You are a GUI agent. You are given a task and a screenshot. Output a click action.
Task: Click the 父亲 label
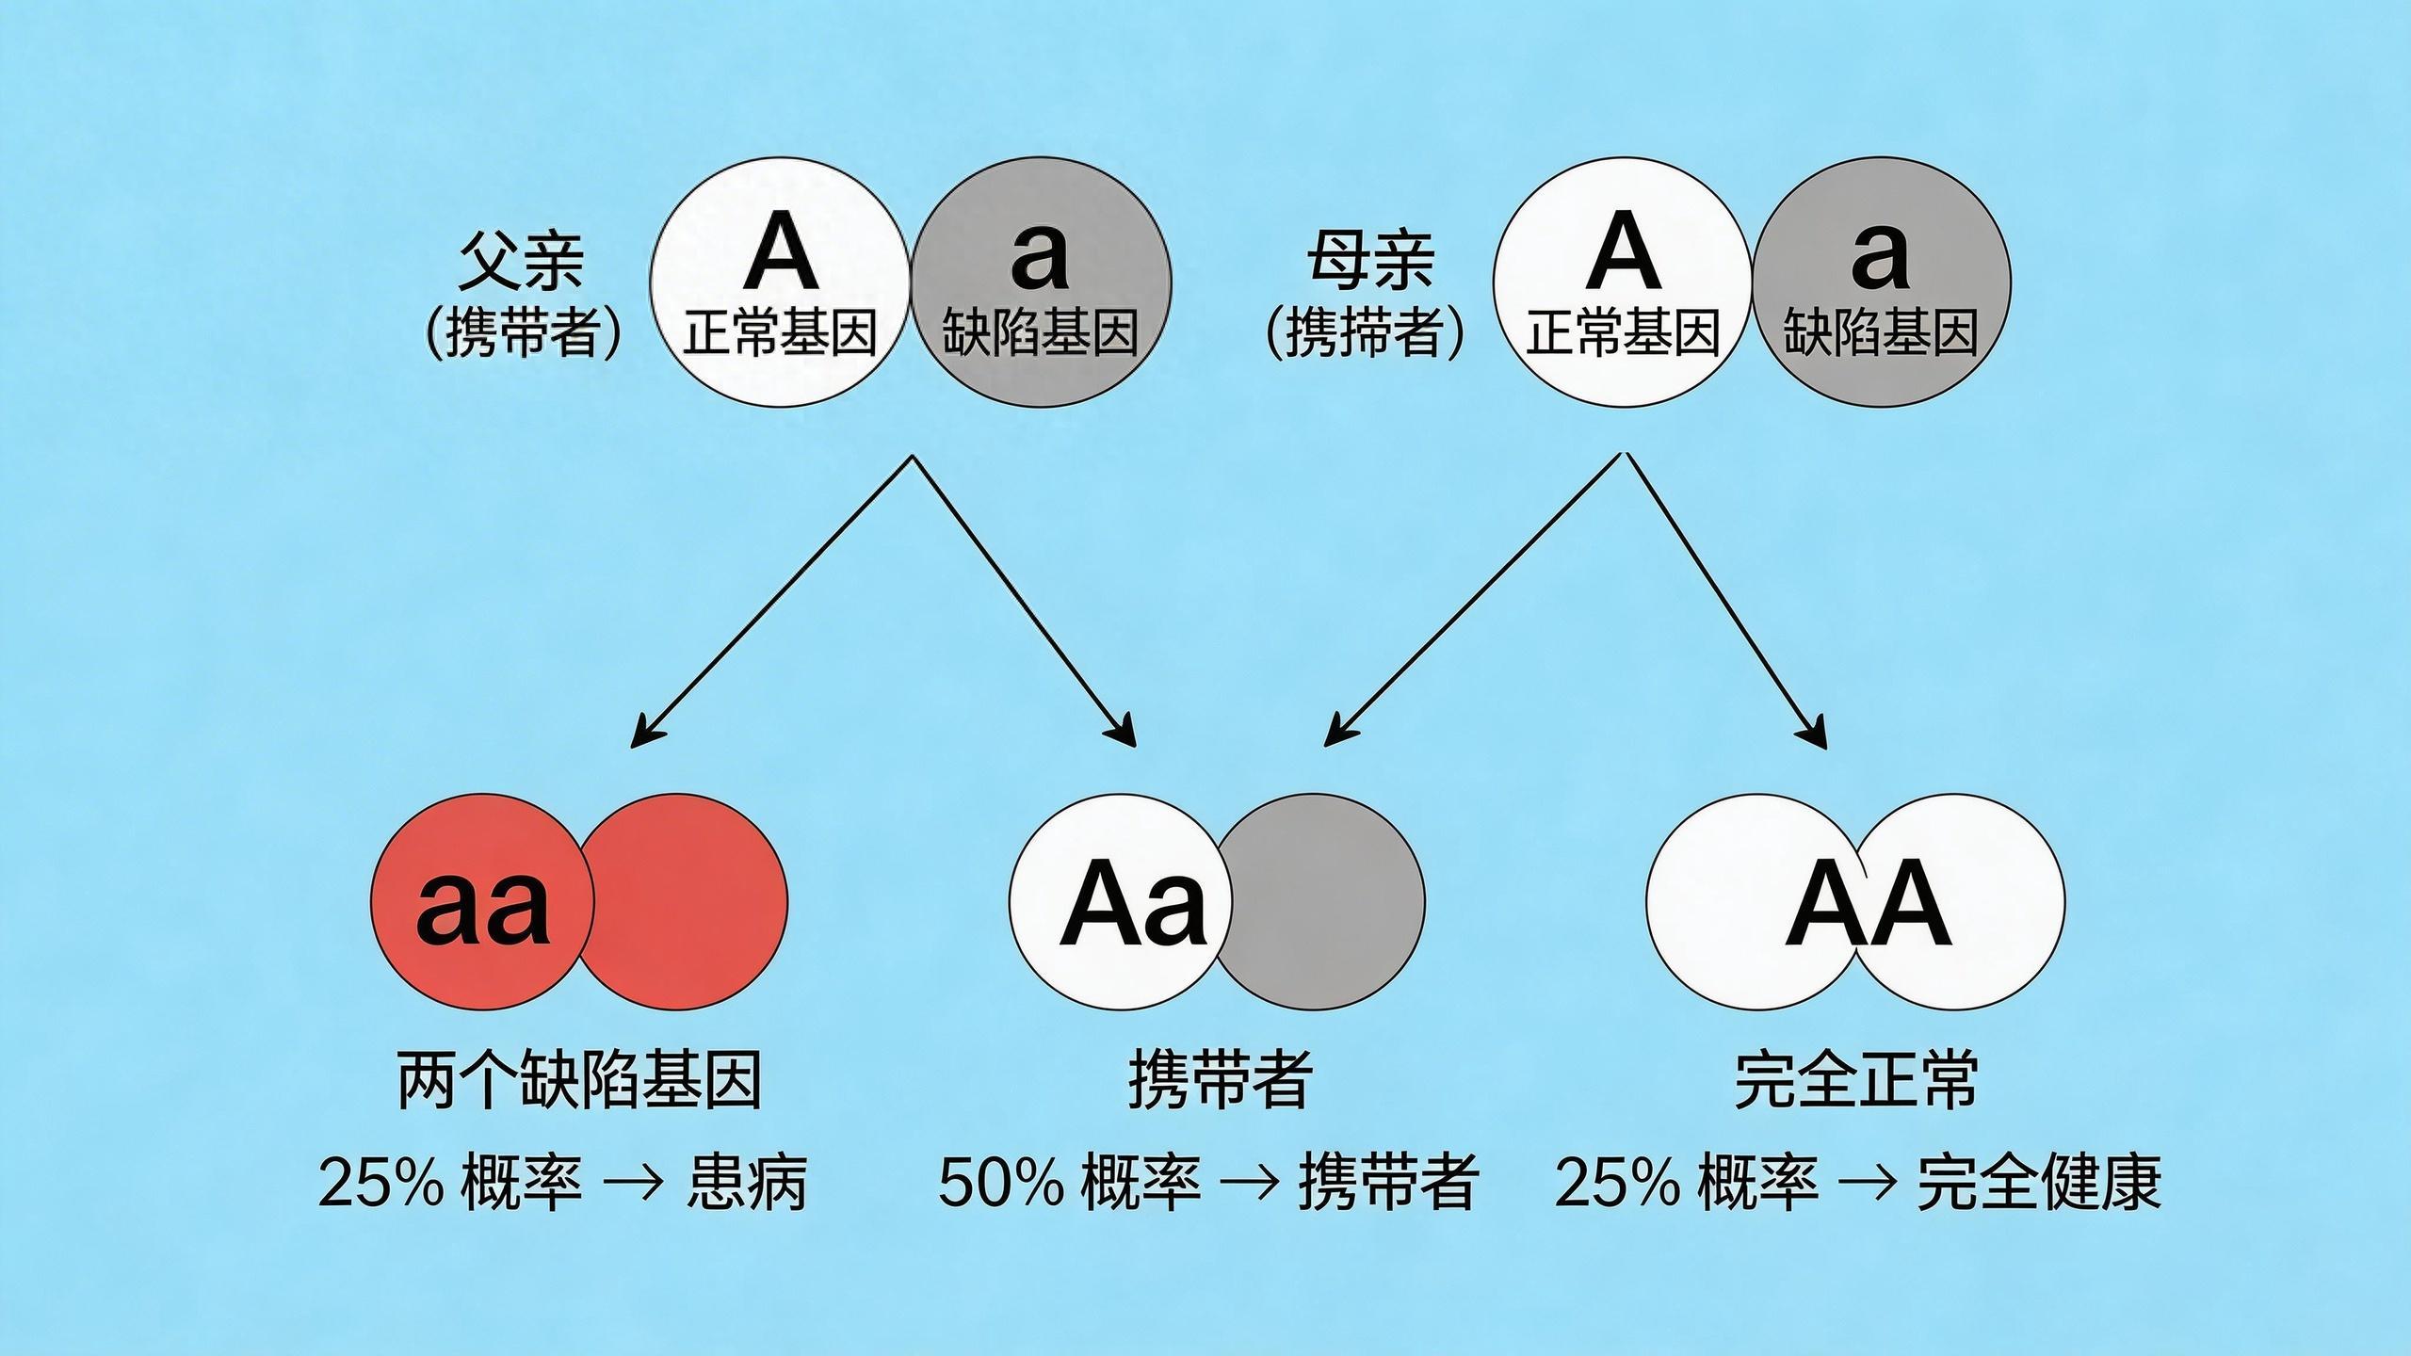[x=521, y=262]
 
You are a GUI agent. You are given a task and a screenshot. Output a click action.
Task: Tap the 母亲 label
[x=1370, y=262]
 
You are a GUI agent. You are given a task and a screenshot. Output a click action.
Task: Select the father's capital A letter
[x=780, y=252]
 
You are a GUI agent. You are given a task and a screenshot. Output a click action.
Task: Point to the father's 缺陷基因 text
[x=1040, y=333]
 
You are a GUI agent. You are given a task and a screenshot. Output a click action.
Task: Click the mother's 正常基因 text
[x=1623, y=333]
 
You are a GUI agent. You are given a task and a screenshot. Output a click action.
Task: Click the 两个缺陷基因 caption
[x=579, y=1080]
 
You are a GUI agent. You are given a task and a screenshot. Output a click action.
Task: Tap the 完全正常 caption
[x=1855, y=1080]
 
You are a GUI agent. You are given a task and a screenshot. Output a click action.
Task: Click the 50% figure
[x=1000, y=1183]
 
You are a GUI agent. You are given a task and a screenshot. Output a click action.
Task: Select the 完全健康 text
[x=2039, y=1183]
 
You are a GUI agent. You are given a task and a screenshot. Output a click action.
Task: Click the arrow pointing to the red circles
[x=772, y=603]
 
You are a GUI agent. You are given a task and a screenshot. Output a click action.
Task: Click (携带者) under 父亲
[x=523, y=333]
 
